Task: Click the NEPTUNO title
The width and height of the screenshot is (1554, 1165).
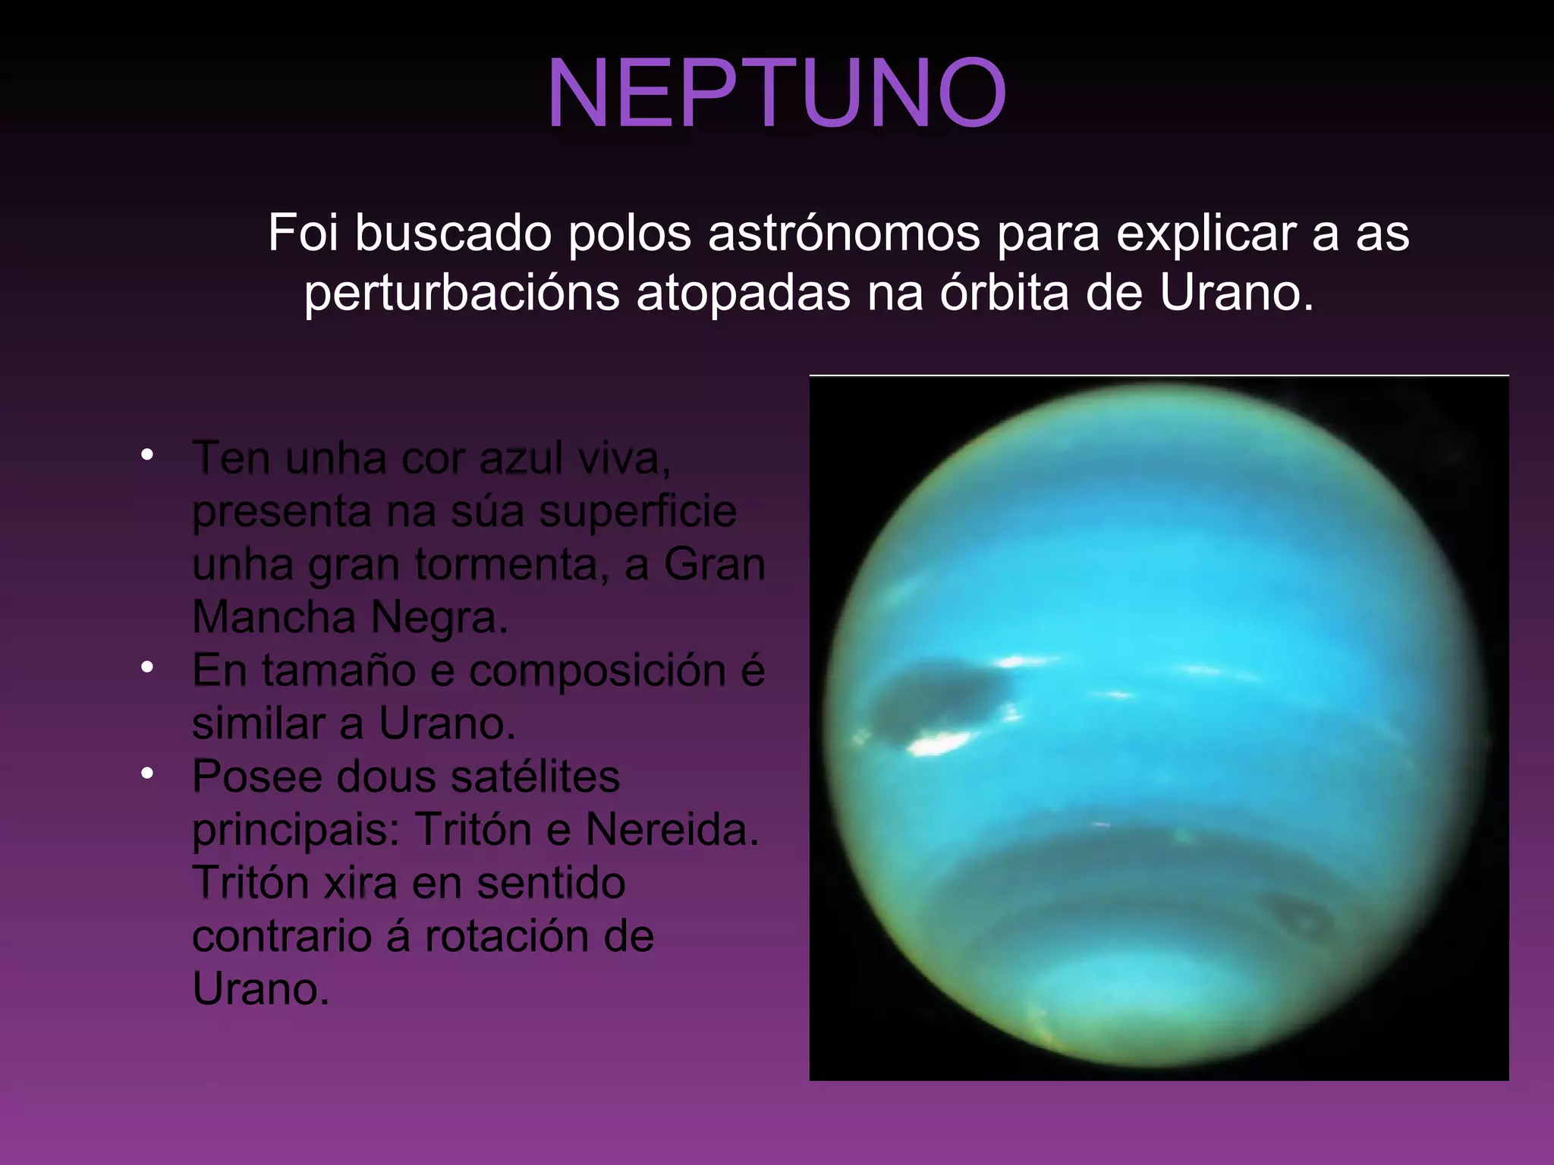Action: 776,94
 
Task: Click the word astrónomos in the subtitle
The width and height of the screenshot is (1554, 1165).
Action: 844,233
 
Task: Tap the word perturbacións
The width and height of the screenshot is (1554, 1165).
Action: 461,294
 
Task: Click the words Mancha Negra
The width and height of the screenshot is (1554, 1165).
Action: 349,617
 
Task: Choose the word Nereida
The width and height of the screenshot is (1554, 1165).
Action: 672,830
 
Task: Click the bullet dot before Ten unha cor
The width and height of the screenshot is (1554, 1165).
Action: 147,455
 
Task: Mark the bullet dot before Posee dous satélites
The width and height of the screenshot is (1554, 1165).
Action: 147,774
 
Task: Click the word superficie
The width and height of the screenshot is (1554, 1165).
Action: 637,512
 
